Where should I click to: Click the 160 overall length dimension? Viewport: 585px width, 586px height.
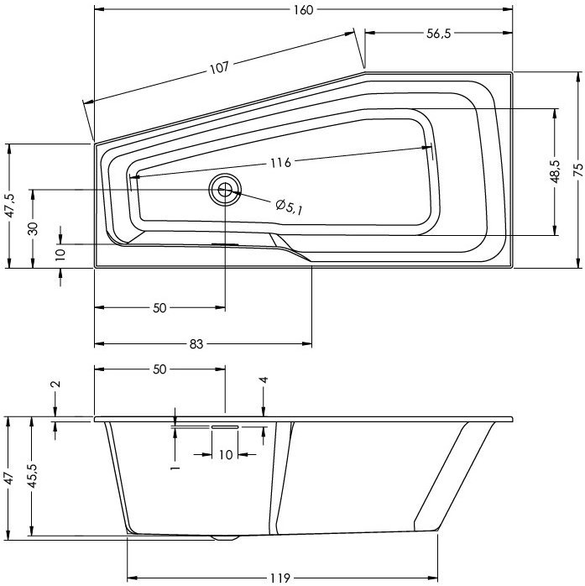click(x=303, y=10)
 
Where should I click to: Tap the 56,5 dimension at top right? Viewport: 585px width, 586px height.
click(x=438, y=34)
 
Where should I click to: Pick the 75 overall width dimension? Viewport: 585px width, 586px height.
click(x=577, y=169)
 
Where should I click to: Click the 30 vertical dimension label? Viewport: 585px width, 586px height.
click(x=31, y=229)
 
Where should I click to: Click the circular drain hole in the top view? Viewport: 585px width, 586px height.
click(x=225, y=189)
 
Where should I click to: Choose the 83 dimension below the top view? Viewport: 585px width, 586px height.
click(x=195, y=344)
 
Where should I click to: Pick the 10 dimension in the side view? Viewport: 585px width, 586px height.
click(x=224, y=454)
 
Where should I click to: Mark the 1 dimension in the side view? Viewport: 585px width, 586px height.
click(x=175, y=464)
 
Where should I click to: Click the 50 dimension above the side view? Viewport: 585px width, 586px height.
click(x=159, y=369)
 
